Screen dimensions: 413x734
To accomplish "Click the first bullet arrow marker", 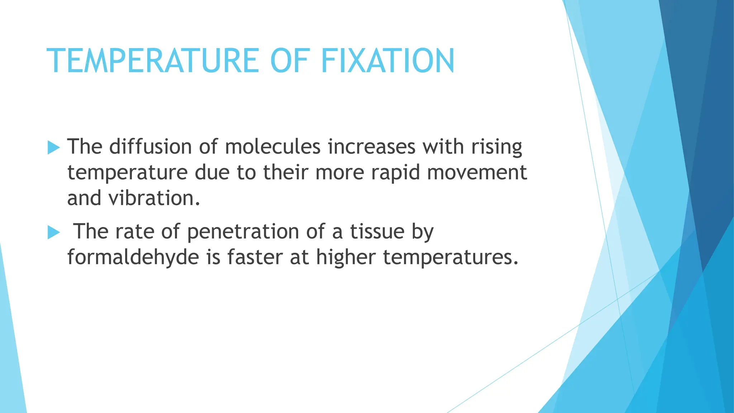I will click(x=53, y=147).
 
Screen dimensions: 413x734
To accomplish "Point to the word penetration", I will click(x=243, y=232).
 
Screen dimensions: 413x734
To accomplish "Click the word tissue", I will click(x=377, y=231).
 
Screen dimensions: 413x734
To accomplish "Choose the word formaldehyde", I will click(x=133, y=257).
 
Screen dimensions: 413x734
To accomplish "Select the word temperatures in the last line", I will click(x=450, y=257).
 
